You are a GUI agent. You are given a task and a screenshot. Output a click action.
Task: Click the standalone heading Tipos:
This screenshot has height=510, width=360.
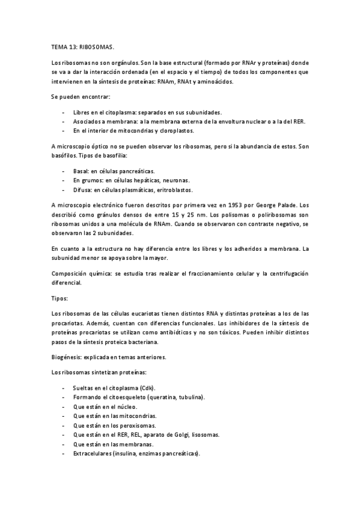click(x=59, y=298)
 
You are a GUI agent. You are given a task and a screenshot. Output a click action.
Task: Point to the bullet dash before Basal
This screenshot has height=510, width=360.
click(x=64, y=171)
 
